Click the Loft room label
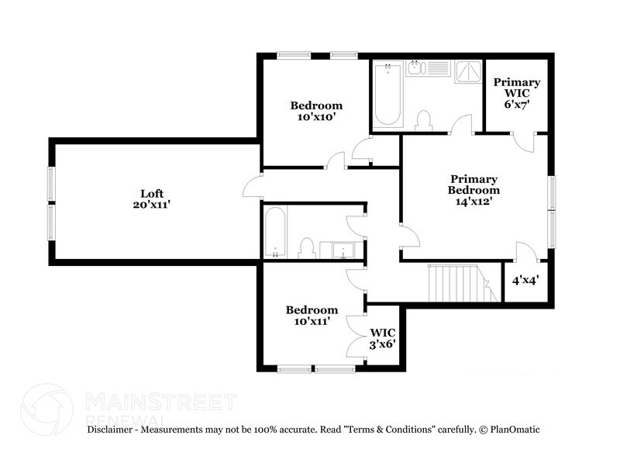tap(152, 193)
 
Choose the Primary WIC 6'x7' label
tap(517, 92)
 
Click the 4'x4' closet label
tap(526, 281)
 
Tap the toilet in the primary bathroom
tap(424, 121)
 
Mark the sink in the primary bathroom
tap(415, 68)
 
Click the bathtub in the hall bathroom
tap(274, 231)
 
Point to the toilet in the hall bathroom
tap(306, 247)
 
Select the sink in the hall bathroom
tap(341, 250)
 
